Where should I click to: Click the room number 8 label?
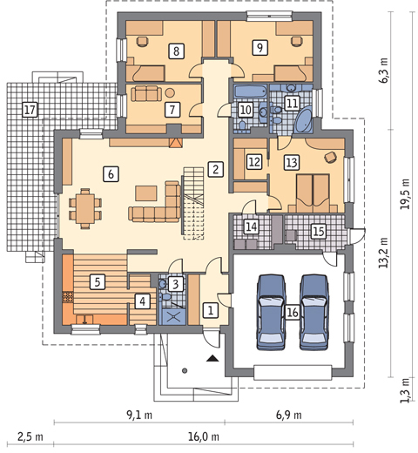[x=176, y=51]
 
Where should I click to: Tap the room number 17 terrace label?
[x=30, y=110]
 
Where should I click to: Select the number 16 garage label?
[x=293, y=312]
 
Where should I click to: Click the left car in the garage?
[x=271, y=312]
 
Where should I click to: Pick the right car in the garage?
[x=314, y=312]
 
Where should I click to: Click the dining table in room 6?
[x=85, y=209]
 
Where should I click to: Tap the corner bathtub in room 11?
[x=304, y=120]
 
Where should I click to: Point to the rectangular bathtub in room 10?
[x=250, y=91]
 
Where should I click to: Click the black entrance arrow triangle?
[x=212, y=359]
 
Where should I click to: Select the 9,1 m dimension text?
[x=139, y=415]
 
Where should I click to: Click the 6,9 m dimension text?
[x=289, y=415]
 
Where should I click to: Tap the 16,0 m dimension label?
[x=204, y=436]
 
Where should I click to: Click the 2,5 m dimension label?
[x=30, y=436]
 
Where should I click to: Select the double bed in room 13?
[x=313, y=193]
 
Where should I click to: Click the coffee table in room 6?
[x=146, y=193]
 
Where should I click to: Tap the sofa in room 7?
[x=146, y=93]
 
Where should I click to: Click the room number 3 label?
[x=176, y=284]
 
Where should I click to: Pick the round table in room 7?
[x=170, y=93]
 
